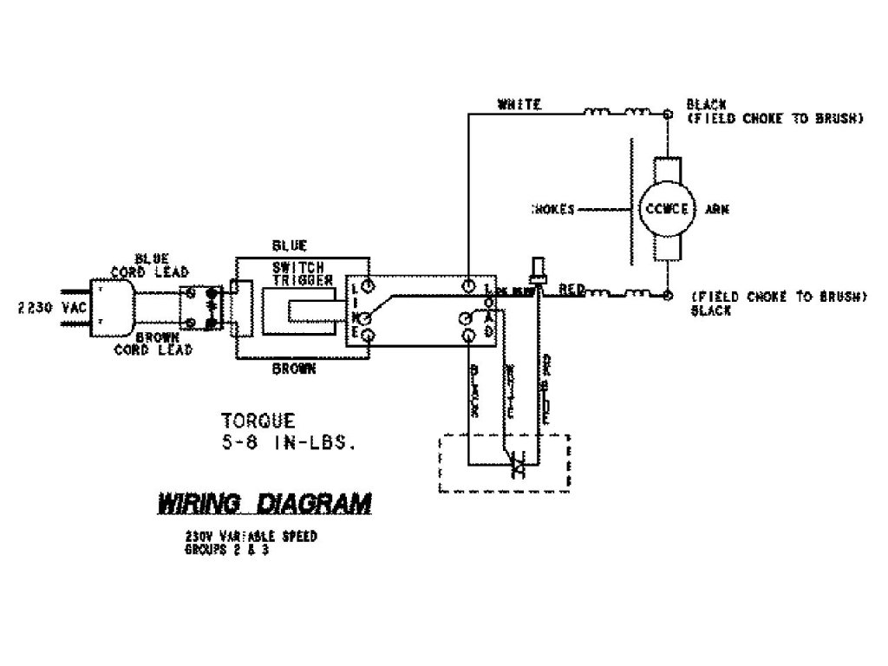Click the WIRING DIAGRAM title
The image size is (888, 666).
click(264, 504)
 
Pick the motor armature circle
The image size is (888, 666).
click(667, 209)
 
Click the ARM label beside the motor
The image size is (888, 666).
click(717, 209)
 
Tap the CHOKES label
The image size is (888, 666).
click(552, 209)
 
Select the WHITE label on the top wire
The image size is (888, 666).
click(519, 105)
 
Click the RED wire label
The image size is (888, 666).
click(571, 288)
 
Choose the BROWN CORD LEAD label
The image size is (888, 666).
click(157, 345)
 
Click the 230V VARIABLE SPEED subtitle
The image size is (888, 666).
click(250, 537)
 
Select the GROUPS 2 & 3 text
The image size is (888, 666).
click(226, 550)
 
